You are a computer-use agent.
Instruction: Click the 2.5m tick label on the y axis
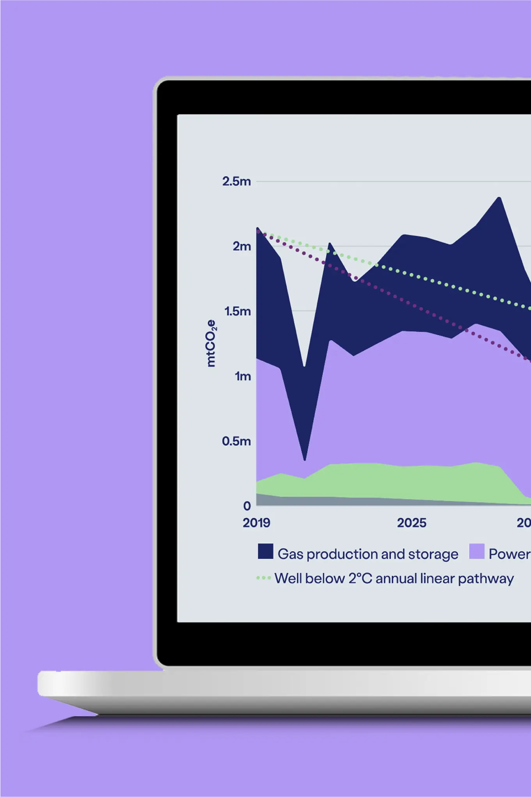pos(236,181)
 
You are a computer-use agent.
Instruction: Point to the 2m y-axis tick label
pos(242,246)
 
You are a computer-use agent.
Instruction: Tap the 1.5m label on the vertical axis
pos(237,311)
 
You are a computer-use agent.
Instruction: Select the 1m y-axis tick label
pos(242,376)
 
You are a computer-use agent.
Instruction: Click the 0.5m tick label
pos(236,441)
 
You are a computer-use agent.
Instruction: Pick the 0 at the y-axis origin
pos(247,506)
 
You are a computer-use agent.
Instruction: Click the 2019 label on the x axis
pos(256,523)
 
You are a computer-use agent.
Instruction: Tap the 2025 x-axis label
pos(412,523)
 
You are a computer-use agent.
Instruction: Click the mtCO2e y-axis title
pos(211,343)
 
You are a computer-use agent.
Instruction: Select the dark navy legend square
pos(265,551)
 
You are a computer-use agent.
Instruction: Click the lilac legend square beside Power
pos(476,551)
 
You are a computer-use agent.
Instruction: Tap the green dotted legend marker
pos(263,578)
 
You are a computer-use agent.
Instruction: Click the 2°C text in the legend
pos(360,578)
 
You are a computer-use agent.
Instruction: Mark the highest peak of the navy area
pos(499,198)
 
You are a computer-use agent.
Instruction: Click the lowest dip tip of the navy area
pos(305,459)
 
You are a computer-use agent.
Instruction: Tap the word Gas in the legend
pos(290,554)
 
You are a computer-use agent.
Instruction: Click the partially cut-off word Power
pos(509,554)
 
